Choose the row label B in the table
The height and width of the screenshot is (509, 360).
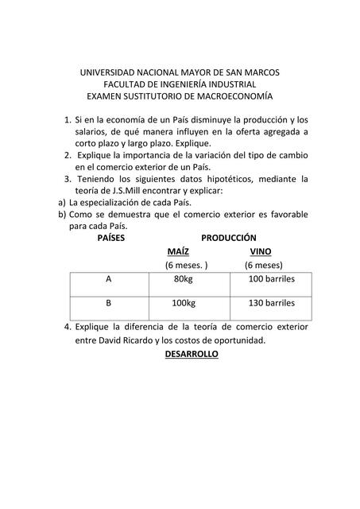108,304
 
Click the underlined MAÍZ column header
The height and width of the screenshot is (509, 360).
178,251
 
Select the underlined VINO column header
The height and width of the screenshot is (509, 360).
261,251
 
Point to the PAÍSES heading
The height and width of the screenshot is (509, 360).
111,238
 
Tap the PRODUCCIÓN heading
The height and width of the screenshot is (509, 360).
229,238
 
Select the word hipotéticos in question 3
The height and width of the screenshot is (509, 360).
234,180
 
